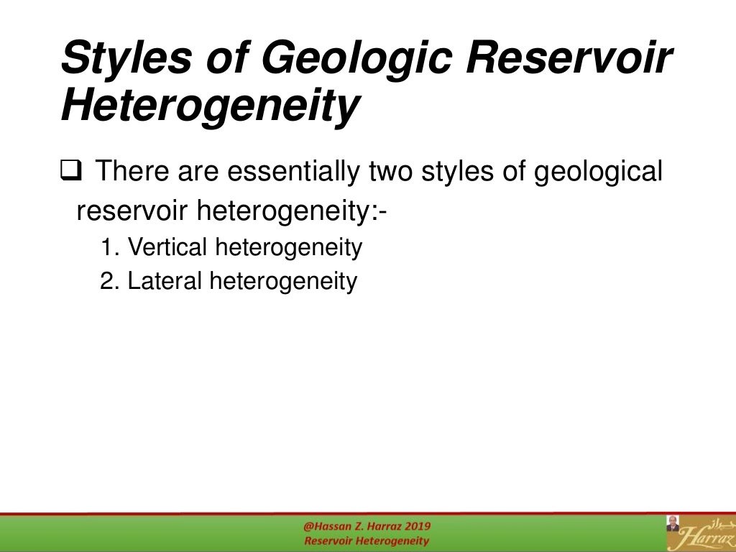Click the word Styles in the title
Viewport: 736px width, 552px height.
tap(125, 57)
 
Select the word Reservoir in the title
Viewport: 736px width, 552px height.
tap(571, 57)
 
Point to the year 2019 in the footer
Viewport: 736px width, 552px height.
tap(416, 526)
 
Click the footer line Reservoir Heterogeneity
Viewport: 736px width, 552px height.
tap(367, 540)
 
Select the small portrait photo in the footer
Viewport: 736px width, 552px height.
tap(673, 524)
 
